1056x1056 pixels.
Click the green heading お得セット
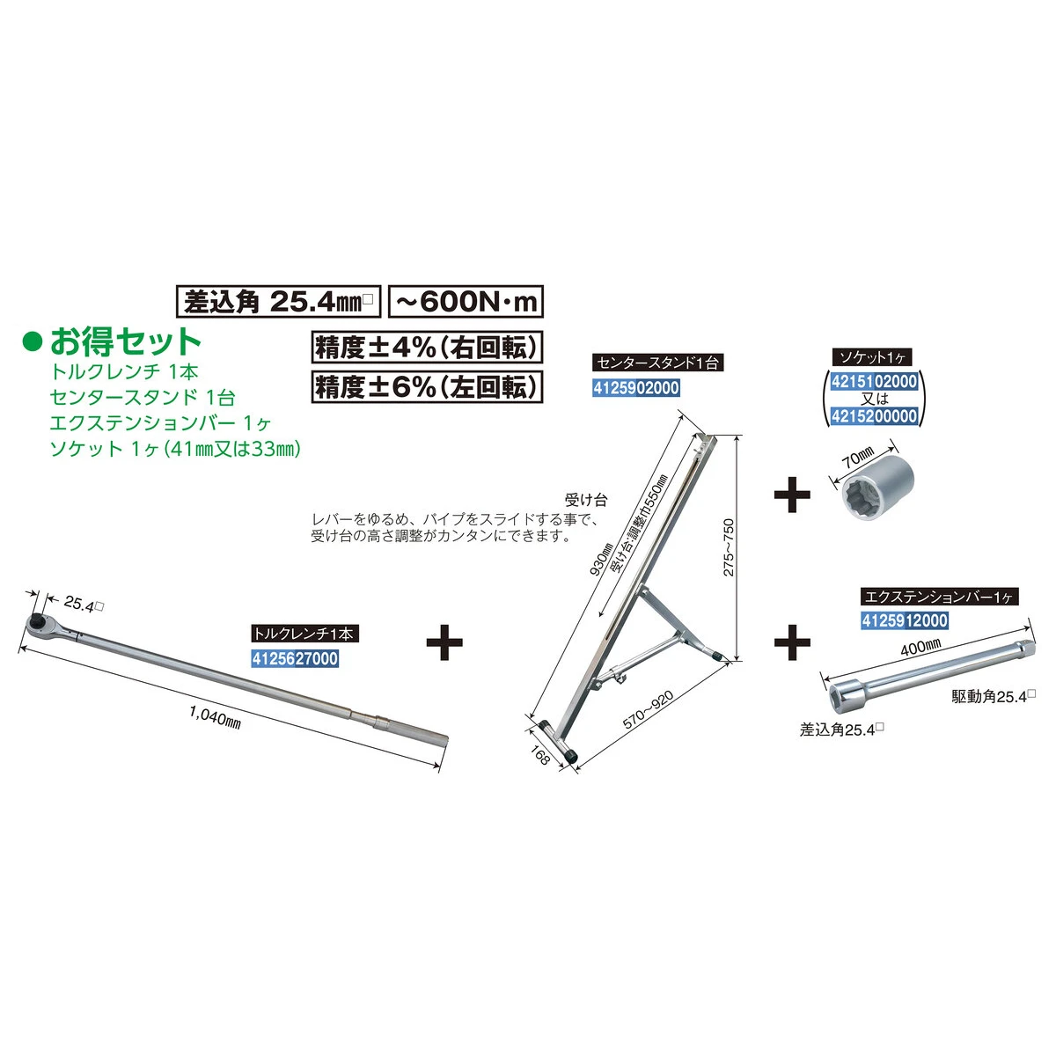tap(126, 341)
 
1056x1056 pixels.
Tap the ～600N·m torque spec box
tap(466, 302)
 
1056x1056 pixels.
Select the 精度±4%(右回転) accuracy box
tap(427, 347)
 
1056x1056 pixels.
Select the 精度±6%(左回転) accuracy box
tap(427, 387)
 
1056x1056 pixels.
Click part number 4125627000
tap(295, 658)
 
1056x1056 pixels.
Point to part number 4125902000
tap(636, 388)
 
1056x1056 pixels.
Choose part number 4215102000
tap(874, 381)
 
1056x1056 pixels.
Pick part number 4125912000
tap(905, 620)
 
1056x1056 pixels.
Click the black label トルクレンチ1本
tap(305, 634)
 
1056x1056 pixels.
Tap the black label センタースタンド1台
tap(658, 363)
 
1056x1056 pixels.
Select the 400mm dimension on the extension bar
tap(921, 647)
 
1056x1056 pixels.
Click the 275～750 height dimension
tap(729, 547)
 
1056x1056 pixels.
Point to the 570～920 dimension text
tap(649, 710)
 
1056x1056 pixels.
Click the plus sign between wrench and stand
tap(444, 642)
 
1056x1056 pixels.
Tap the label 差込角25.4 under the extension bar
tap(842, 730)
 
